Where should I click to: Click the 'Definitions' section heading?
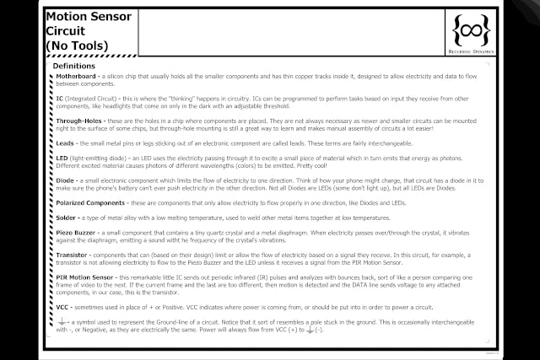pos(73,66)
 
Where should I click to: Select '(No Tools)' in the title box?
pos(78,43)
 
